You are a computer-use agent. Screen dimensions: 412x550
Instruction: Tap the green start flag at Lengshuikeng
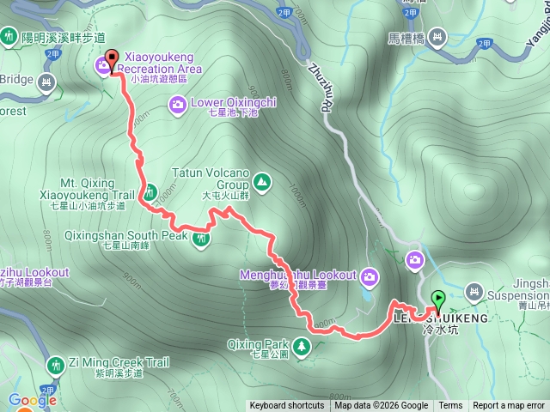437,300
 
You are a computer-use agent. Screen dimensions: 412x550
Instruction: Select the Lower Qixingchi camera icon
177,105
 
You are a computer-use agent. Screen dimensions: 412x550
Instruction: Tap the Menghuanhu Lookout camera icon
370,276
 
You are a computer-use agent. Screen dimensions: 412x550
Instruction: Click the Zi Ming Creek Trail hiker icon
56,366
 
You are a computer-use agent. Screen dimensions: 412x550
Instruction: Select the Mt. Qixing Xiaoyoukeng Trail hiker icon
150,191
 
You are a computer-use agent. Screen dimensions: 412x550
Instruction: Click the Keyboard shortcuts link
287,406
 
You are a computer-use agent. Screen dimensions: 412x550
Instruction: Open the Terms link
450,406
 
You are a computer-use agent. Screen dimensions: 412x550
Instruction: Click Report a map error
508,406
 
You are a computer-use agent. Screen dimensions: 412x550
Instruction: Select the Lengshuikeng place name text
439,318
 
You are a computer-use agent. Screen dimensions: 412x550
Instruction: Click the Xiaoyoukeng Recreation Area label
163,62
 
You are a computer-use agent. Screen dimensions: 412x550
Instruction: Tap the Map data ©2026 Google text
381,406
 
